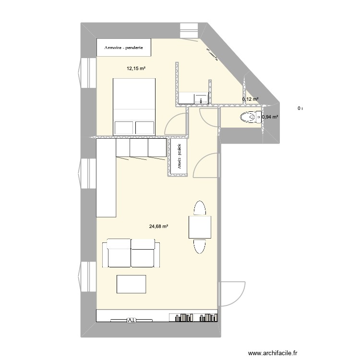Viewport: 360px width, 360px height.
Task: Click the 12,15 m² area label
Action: [136, 69]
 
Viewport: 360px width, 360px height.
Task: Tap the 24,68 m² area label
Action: [158, 227]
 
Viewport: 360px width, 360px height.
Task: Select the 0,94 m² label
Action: [270, 117]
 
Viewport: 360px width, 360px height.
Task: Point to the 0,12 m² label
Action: [250, 99]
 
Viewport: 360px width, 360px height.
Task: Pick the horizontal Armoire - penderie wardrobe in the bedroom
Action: [125, 48]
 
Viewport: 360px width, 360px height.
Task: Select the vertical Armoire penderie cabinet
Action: [178, 158]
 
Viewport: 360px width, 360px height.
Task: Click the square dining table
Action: [200, 227]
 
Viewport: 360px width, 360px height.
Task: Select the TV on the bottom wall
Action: [131, 320]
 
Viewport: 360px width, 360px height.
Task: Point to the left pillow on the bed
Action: [123, 127]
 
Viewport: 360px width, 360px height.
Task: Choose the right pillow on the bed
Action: [145, 127]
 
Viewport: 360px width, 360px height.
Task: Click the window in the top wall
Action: [189, 30]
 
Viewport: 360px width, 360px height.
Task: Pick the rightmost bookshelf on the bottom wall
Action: [207, 317]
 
